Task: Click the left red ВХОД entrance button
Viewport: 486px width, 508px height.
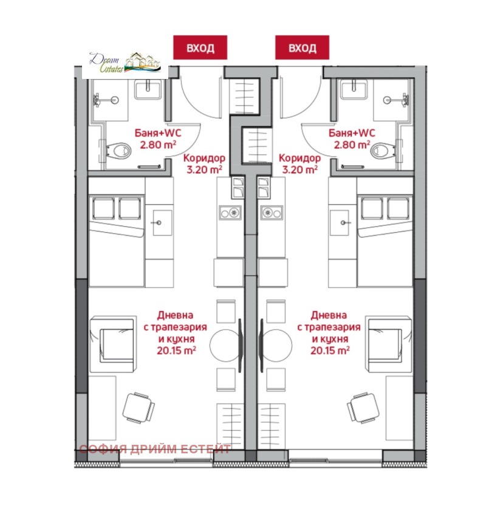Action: click(200, 47)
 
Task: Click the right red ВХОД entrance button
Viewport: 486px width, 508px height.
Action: click(302, 47)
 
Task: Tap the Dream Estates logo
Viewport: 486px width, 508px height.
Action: click(125, 63)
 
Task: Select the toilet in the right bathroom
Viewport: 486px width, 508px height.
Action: click(383, 151)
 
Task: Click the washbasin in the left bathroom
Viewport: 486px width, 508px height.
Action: click(148, 89)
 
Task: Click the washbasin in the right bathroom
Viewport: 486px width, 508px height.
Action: click(354, 89)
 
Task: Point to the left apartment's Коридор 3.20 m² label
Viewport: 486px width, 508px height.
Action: click(204, 163)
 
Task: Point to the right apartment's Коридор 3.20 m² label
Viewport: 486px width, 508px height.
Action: click(299, 163)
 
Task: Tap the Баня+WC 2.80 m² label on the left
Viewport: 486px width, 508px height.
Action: click(158, 139)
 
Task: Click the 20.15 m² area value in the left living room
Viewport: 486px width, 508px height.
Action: click(177, 350)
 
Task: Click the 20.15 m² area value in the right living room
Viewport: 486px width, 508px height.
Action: click(330, 350)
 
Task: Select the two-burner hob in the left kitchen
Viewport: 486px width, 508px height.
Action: click(230, 213)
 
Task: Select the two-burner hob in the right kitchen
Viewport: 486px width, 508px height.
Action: click(272, 213)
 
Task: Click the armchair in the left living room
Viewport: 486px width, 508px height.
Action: click(112, 345)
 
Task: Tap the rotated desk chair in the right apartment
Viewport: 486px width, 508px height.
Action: click(363, 408)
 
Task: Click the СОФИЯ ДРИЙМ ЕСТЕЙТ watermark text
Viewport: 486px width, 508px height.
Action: click(155, 449)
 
